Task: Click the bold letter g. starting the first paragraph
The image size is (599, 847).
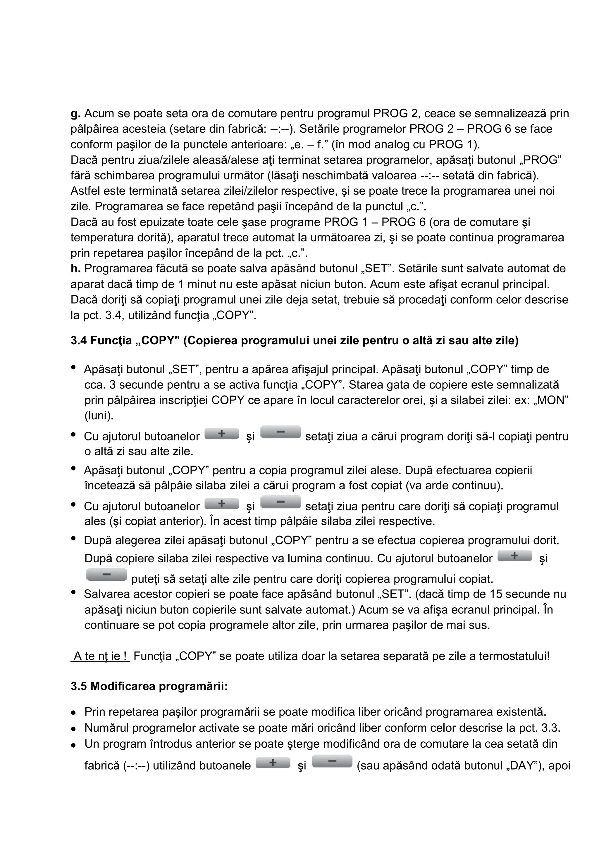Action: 75,113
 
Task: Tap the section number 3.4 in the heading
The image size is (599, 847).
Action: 79,340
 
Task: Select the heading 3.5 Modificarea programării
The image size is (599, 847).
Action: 149,686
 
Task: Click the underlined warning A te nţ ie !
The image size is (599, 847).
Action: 100,656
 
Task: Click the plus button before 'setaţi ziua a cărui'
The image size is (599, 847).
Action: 221,434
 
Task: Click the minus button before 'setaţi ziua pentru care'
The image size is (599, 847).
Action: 280,502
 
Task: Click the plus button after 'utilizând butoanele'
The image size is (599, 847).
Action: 273,763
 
